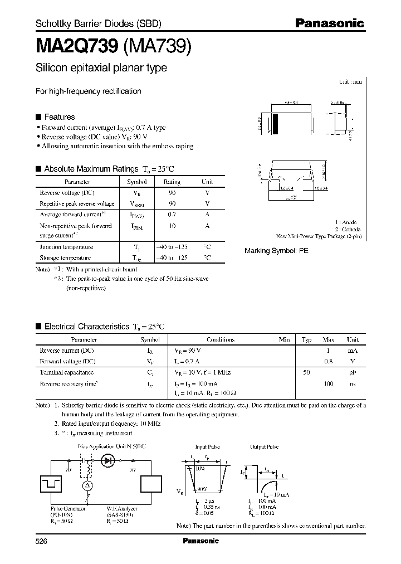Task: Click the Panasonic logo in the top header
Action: (x=329, y=23)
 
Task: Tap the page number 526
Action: (x=42, y=541)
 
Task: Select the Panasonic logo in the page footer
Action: (x=200, y=541)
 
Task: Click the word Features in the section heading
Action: (x=59, y=117)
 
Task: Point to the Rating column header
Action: (x=172, y=182)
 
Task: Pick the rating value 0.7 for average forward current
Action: (x=172, y=215)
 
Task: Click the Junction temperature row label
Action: (x=66, y=247)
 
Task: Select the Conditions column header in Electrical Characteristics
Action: (x=221, y=339)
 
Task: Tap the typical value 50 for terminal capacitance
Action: (x=306, y=372)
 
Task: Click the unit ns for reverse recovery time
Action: (x=353, y=383)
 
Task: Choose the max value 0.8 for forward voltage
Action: (x=329, y=361)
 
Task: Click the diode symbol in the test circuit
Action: (x=107, y=461)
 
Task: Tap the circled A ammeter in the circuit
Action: (x=86, y=486)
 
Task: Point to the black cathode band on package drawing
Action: (x=276, y=122)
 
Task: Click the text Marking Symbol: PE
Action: (x=276, y=251)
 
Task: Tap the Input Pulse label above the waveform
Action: (x=208, y=447)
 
